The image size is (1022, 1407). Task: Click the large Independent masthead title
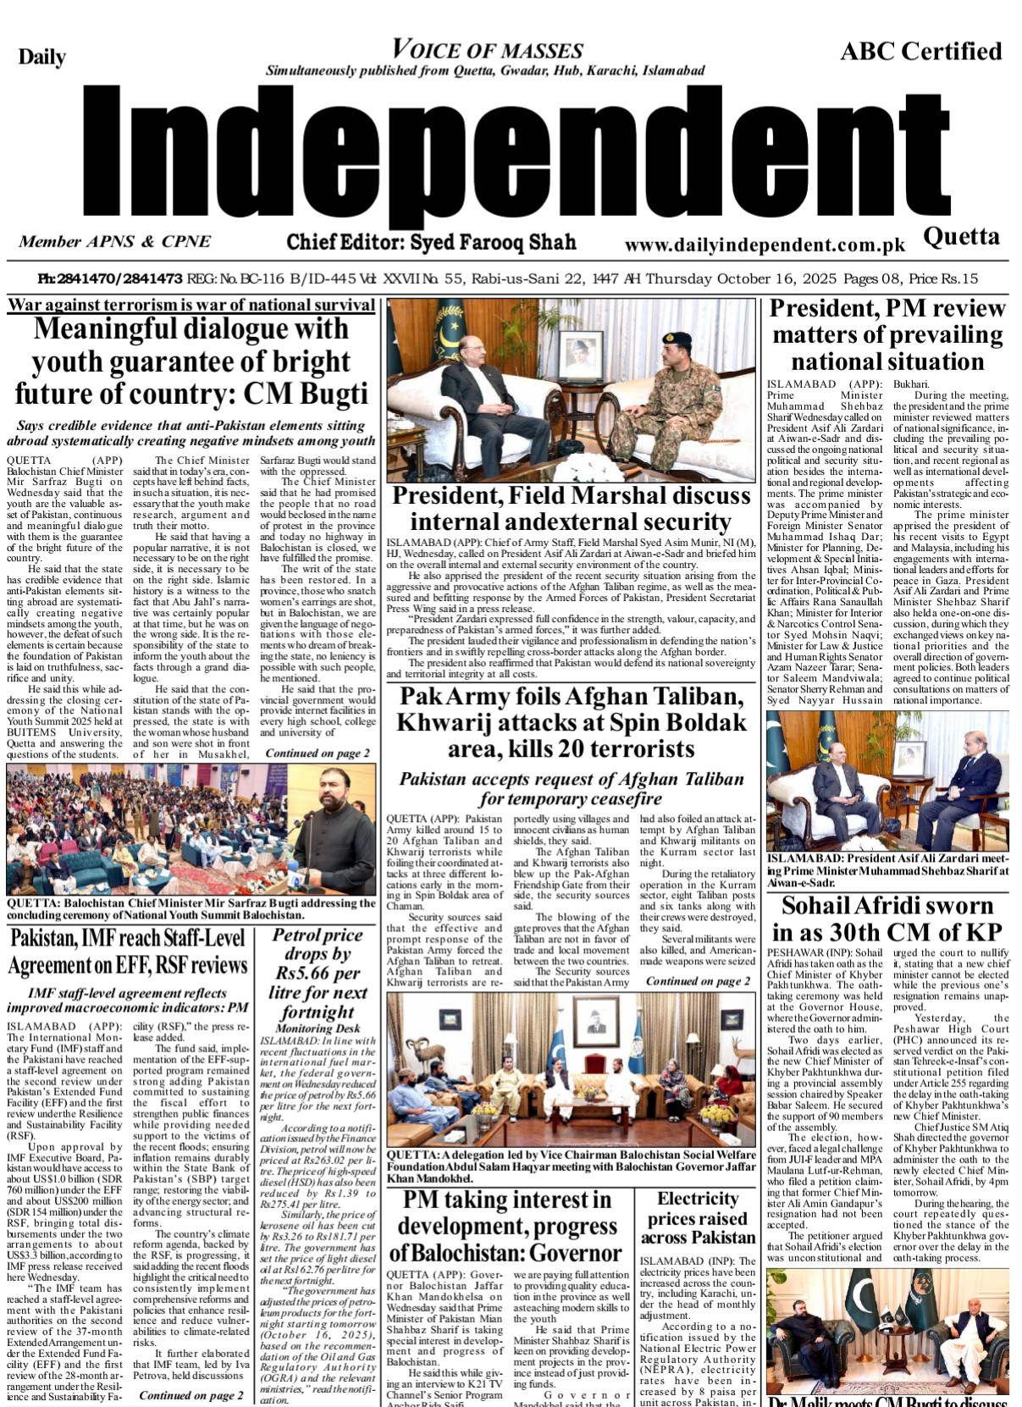tap(511, 161)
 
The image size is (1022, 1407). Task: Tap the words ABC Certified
tap(920, 52)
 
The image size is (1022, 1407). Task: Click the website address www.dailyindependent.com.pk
tap(765, 246)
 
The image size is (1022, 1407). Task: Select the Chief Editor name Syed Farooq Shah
tap(431, 243)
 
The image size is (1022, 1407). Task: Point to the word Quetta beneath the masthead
tap(961, 236)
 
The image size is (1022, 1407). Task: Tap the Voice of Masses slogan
tap(488, 50)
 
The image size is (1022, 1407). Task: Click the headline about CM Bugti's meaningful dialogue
tap(191, 361)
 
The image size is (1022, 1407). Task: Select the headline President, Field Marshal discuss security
tap(571, 508)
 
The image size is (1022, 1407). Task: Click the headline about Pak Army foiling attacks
tap(571, 722)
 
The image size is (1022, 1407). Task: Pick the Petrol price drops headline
tap(318, 973)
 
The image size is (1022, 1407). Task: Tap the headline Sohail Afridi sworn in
tap(887, 919)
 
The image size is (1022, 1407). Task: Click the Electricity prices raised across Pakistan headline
tap(697, 1218)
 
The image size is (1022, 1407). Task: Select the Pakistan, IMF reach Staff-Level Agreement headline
tap(128, 952)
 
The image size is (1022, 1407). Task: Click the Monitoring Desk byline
tap(318, 1029)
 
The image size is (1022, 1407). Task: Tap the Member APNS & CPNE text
tap(114, 242)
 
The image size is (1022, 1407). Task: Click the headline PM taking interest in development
tap(506, 1226)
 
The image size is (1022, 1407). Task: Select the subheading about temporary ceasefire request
tap(571, 789)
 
